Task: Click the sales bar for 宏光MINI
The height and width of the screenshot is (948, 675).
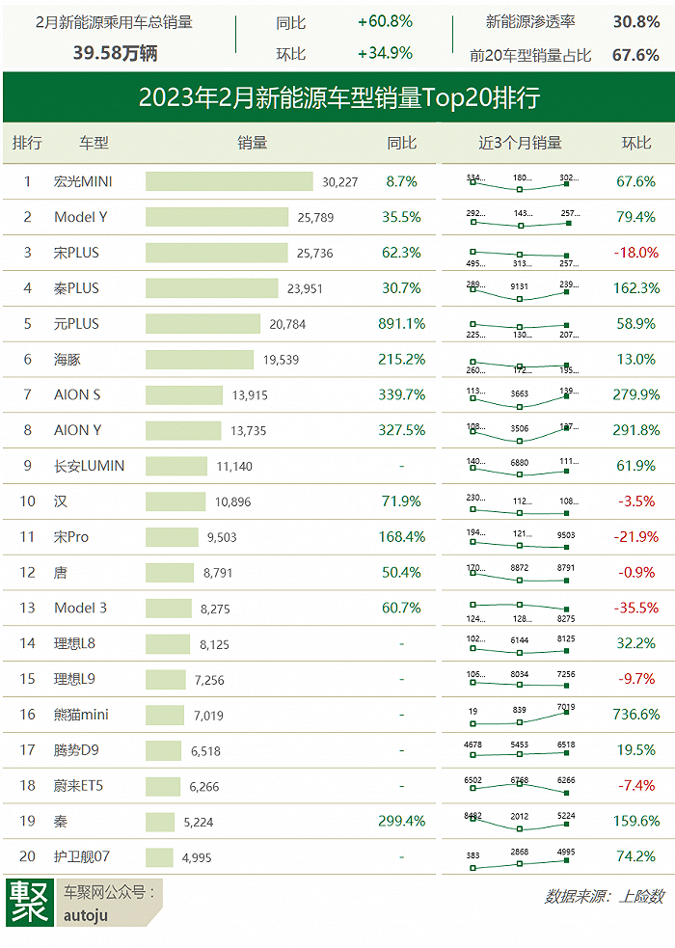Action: point(229,181)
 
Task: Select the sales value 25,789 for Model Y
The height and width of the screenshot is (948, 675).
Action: point(315,217)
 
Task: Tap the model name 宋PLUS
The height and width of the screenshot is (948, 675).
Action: point(76,253)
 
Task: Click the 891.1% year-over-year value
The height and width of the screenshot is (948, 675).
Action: point(401,324)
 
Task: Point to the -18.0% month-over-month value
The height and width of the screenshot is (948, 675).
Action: point(635,253)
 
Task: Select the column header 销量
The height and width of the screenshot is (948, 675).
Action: point(252,143)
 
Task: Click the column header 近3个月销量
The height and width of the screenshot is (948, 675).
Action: point(520,143)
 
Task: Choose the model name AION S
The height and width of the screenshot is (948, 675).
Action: point(77,394)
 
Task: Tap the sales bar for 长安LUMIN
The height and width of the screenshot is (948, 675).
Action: point(176,466)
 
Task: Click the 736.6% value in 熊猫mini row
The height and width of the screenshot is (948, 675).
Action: point(635,715)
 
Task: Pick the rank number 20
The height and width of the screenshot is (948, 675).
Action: point(27,856)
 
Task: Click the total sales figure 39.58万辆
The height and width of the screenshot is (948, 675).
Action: point(116,53)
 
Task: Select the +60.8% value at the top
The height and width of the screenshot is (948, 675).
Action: point(385,21)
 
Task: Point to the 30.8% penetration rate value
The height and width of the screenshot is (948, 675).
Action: point(635,21)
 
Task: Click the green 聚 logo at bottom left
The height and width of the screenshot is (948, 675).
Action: point(28,902)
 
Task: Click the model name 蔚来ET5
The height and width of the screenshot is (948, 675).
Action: point(78,786)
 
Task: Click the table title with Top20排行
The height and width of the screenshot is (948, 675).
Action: point(337,97)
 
